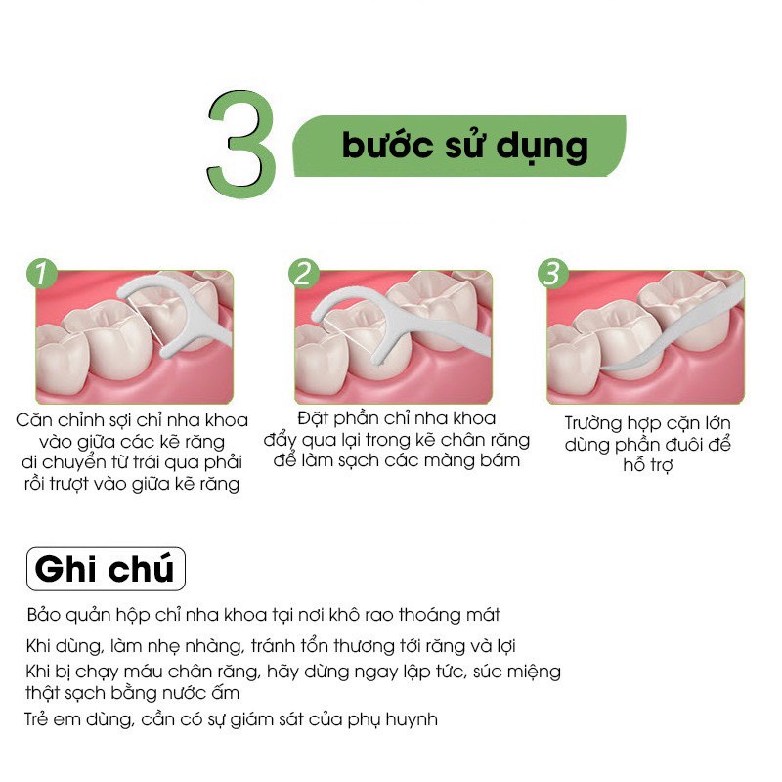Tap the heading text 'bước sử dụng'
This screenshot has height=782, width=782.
pyautogui.click(x=464, y=147)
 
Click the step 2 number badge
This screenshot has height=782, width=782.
pyautogui.click(x=302, y=274)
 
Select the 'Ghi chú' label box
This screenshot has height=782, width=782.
pyautogui.click(x=104, y=568)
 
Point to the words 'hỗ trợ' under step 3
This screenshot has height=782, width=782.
pyautogui.click(x=648, y=466)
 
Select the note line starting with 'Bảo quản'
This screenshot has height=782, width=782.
pyautogui.click(x=264, y=615)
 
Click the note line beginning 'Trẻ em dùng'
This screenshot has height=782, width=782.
pyautogui.click(x=231, y=719)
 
